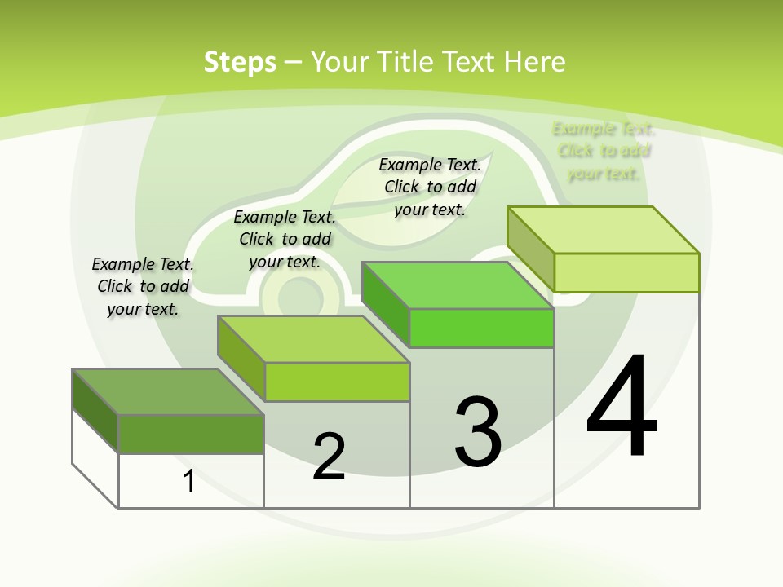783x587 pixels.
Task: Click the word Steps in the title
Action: click(x=240, y=62)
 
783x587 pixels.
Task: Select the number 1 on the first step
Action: click(x=189, y=482)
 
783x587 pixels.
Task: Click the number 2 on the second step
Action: click(x=329, y=457)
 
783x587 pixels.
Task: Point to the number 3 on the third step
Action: click(x=478, y=431)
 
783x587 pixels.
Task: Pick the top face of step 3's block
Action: click(x=458, y=285)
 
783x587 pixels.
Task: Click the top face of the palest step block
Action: click(x=603, y=230)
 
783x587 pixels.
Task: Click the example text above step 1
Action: click(x=143, y=286)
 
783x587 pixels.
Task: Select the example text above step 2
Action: click(x=285, y=239)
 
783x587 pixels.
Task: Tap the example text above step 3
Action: click(x=430, y=187)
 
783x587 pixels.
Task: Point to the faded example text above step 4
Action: click(x=604, y=151)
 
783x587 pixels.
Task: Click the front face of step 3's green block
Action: click(x=481, y=329)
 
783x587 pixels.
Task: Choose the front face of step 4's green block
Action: click(x=626, y=272)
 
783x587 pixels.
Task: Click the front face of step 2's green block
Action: click(x=337, y=382)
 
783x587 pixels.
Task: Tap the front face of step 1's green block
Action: click(x=191, y=434)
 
